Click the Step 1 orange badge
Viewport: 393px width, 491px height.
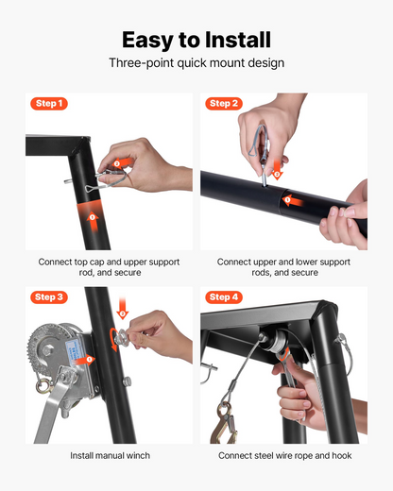coord(49,104)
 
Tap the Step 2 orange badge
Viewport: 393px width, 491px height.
coord(224,104)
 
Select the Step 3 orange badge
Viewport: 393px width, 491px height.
coord(49,297)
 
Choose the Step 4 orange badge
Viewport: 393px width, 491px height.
coord(224,297)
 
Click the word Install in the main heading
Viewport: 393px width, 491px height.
coord(238,40)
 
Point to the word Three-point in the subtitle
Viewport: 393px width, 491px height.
coord(141,63)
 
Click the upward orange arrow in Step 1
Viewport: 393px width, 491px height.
coord(93,221)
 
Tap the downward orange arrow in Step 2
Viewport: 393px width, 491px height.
coord(277,170)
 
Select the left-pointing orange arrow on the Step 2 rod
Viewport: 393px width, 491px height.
coord(293,200)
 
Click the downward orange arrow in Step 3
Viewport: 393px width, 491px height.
coord(123,309)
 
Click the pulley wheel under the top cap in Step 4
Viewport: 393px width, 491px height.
coord(276,342)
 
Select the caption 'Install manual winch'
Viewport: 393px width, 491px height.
coord(110,456)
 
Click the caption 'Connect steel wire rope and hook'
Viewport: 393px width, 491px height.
coord(285,456)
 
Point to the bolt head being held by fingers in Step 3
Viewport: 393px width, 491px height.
coord(122,338)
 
